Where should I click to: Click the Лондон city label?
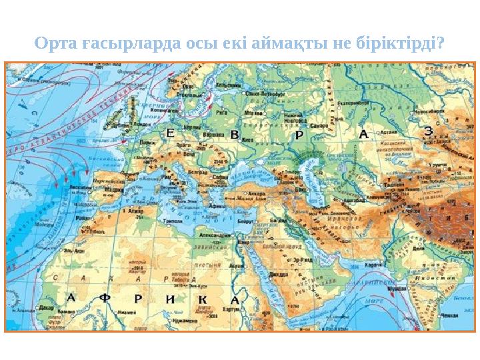(141, 125)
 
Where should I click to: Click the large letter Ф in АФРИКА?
(105, 299)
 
